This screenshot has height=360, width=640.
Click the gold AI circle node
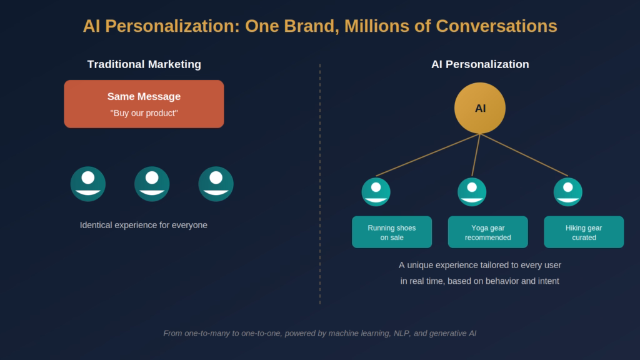479,108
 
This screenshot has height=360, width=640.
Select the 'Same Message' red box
144,104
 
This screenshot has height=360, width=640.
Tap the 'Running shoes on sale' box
392,232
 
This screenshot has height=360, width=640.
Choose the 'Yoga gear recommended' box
487,232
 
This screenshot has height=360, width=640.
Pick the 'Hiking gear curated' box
584,232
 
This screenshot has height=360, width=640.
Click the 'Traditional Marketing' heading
144,64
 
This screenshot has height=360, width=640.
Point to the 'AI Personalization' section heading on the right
480,64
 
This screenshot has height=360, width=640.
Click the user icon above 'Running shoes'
376,192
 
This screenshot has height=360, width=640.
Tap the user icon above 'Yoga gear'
472,192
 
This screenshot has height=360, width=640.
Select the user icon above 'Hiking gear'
567,192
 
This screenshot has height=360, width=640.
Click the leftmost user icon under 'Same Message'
88,184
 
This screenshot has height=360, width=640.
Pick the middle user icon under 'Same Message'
152,184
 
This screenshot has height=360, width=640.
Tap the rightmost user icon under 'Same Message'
216,184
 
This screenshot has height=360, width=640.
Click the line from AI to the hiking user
525,155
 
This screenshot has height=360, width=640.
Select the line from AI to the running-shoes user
427,155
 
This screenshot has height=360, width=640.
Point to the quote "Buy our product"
144,113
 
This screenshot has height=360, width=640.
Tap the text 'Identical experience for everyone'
144,225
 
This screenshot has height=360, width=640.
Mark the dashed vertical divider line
320,187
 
